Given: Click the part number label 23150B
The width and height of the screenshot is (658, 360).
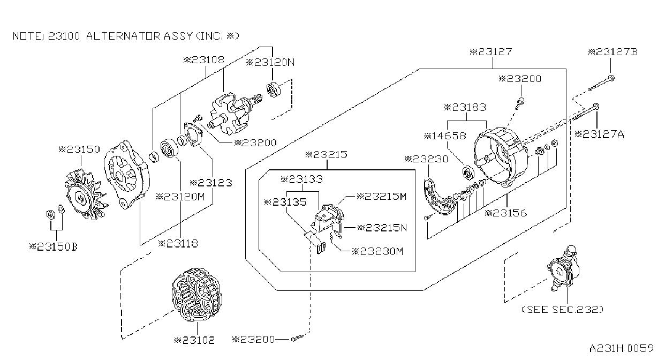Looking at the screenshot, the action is (53, 246).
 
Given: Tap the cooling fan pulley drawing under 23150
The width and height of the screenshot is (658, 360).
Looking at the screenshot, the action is (86, 194).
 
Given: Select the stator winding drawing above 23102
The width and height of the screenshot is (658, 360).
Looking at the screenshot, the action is (197, 295).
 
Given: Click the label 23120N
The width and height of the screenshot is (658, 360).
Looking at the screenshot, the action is (270, 62).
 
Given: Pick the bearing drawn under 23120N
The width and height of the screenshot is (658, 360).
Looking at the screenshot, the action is (274, 89).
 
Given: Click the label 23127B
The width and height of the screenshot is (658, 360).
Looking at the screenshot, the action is (613, 52).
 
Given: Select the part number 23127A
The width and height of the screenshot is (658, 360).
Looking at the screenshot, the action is (599, 134).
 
